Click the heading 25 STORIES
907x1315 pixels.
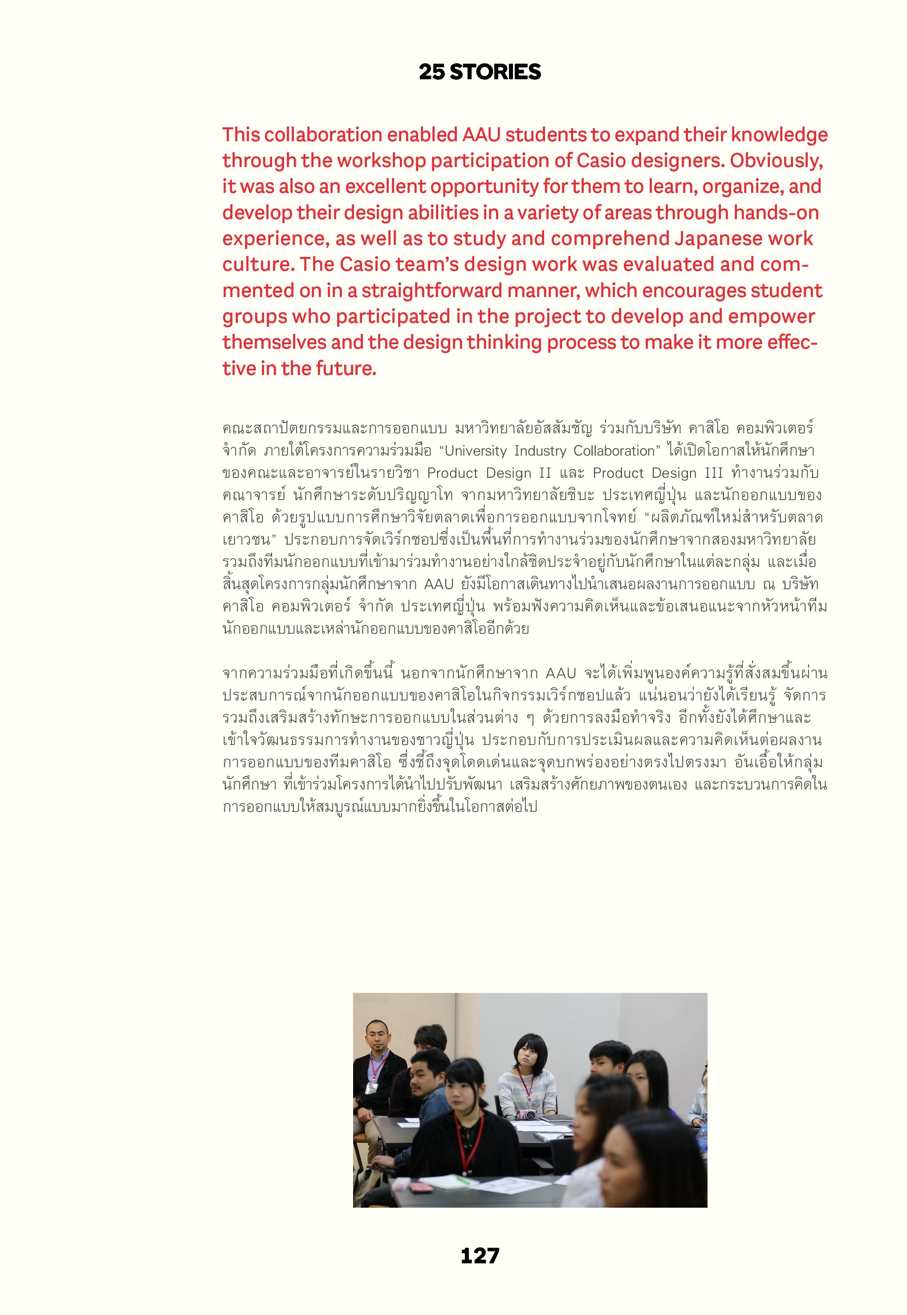pyautogui.click(x=480, y=72)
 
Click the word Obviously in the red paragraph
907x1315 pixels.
pyautogui.click(x=776, y=161)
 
